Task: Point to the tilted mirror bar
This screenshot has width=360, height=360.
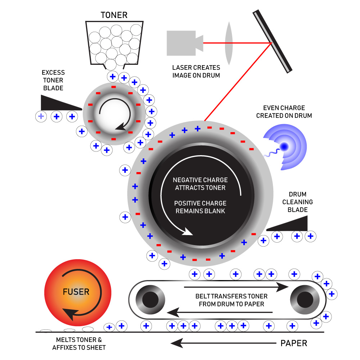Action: point(272,41)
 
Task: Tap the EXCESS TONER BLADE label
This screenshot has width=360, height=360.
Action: point(53,80)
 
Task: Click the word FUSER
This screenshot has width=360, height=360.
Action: point(76,291)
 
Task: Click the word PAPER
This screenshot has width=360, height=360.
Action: point(294,343)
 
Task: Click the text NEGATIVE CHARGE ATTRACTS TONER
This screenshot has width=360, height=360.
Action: point(200,184)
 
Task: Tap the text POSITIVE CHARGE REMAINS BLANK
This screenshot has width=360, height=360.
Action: point(200,207)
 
